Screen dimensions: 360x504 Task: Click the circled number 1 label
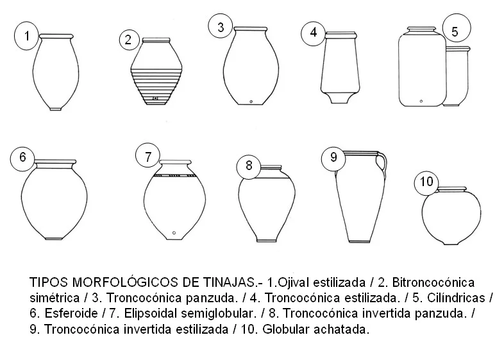point(26,37)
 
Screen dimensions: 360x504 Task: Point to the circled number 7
point(148,156)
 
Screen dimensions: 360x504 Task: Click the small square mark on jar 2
point(155,98)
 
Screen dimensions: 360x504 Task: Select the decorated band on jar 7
point(173,174)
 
